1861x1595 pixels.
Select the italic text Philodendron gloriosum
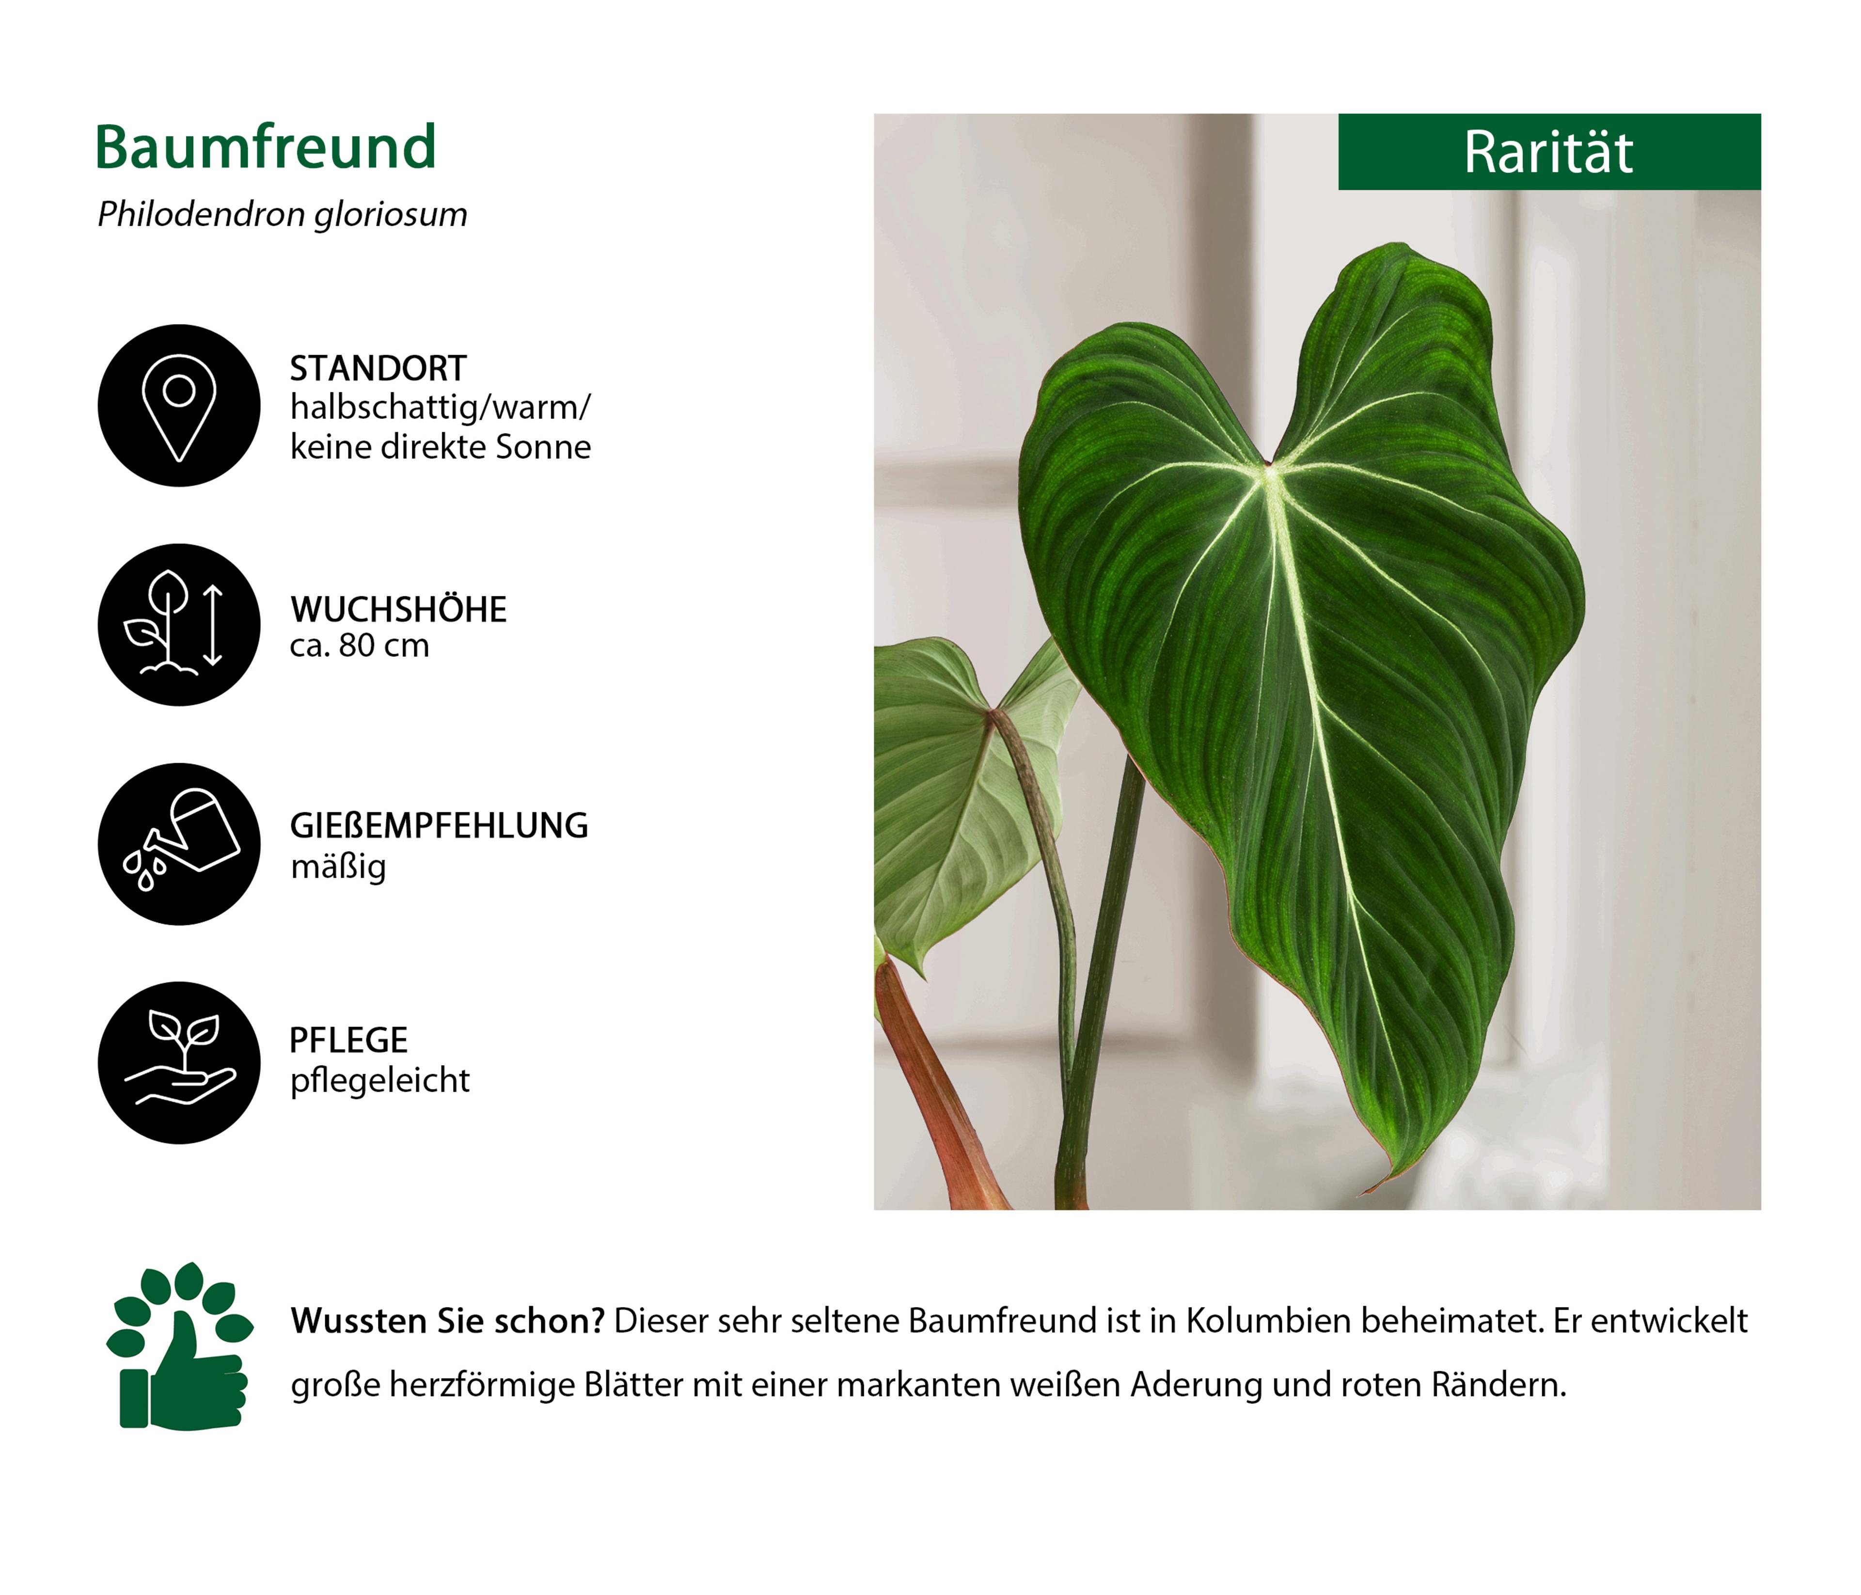(282, 215)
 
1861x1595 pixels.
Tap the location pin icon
(179, 406)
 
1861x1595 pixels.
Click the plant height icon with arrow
(179, 625)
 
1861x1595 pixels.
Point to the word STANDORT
(378, 368)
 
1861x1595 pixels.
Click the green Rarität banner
(1549, 152)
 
